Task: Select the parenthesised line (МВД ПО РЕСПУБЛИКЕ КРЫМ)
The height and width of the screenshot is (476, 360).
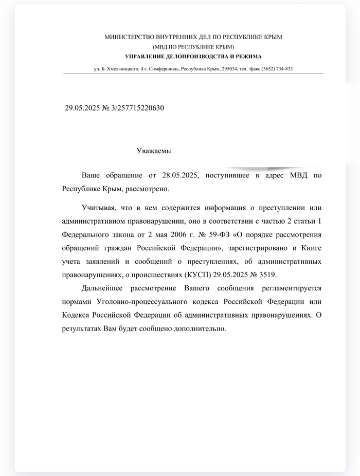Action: click(193, 47)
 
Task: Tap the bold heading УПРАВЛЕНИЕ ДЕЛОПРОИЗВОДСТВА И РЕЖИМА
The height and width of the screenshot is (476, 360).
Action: click(193, 56)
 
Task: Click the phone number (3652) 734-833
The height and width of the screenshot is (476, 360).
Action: click(277, 69)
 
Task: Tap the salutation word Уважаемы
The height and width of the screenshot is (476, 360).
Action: click(153, 151)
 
